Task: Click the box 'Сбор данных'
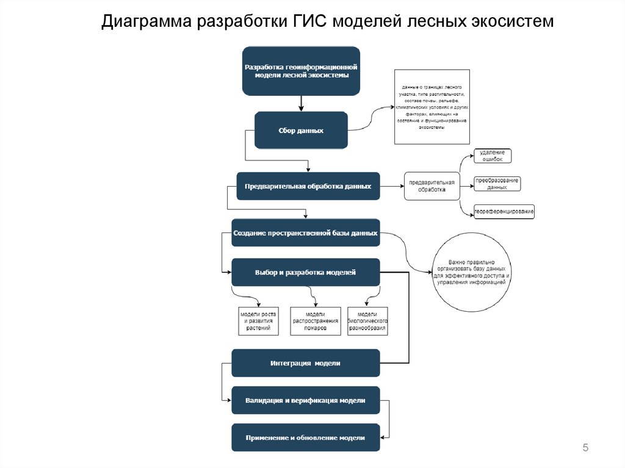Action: pyautogui.click(x=301, y=130)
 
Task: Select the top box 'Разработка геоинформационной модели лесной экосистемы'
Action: pyautogui.click(x=301, y=71)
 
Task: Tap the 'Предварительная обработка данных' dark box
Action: pyautogui.click(x=308, y=186)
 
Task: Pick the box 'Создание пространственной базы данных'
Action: pyautogui.click(x=306, y=232)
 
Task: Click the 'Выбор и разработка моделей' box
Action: pyautogui.click(x=306, y=272)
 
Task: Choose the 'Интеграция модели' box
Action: pyautogui.click(x=306, y=363)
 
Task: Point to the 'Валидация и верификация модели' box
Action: pyautogui.click(x=306, y=400)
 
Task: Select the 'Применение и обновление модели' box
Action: pyautogui.click(x=306, y=437)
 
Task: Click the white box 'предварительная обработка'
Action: pyautogui.click(x=432, y=186)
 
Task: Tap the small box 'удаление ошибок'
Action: pyautogui.click(x=493, y=156)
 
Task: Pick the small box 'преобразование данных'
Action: pyautogui.click(x=497, y=184)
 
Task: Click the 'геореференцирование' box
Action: pyautogui.click(x=504, y=212)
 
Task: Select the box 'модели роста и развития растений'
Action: pyautogui.click(x=258, y=321)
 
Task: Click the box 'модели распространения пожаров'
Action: pyautogui.click(x=314, y=321)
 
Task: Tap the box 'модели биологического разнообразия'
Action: pyautogui.click(x=367, y=321)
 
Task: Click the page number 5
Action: pyautogui.click(x=585, y=448)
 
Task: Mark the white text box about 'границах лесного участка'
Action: pyautogui.click(x=431, y=107)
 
